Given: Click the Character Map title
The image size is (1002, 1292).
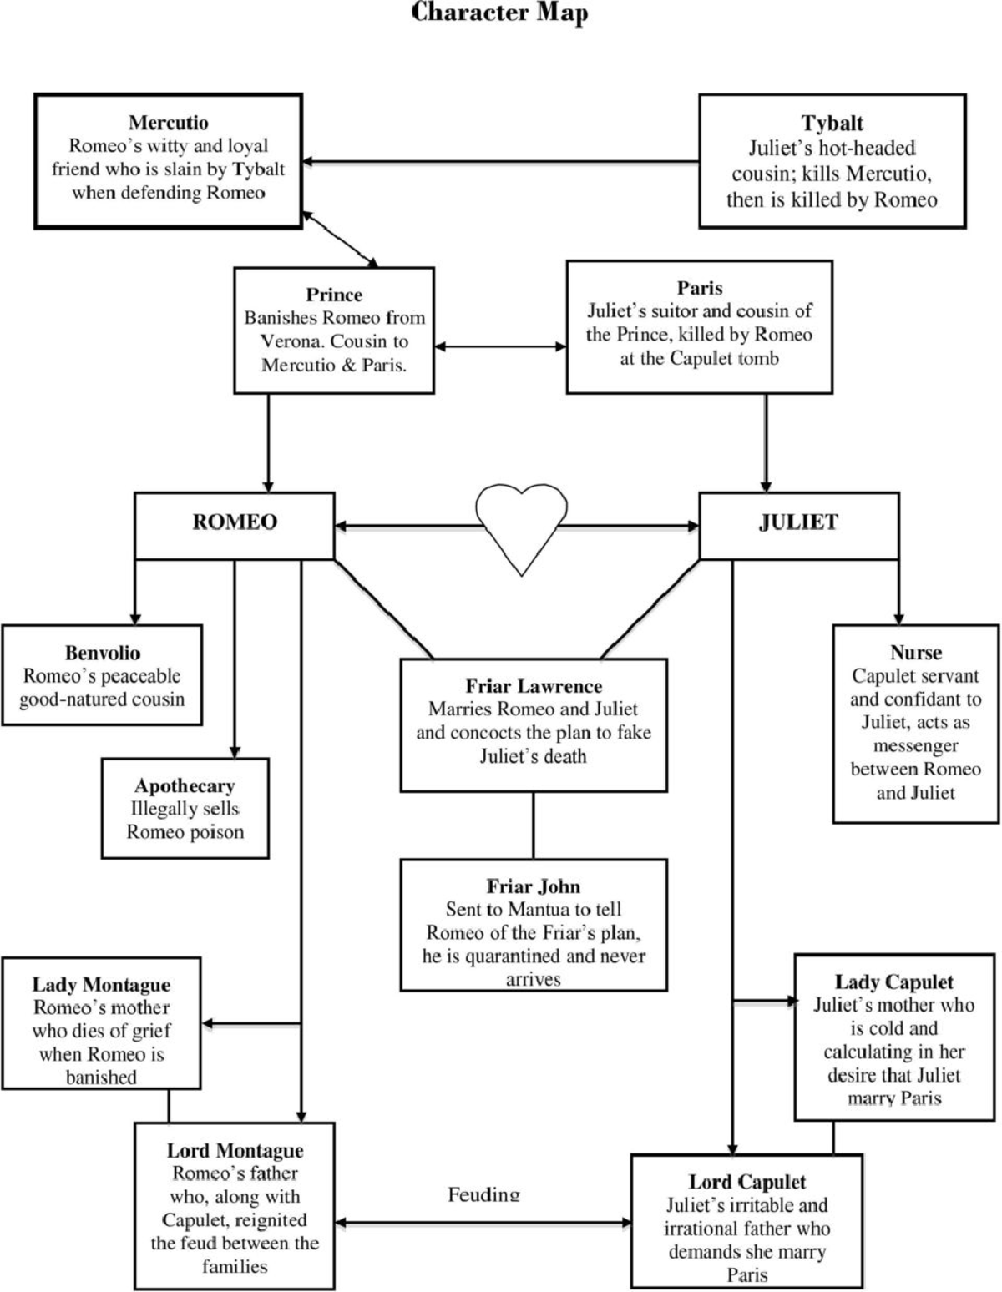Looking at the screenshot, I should tap(499, 13).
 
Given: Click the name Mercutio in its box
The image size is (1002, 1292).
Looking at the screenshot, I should tap(168, 123).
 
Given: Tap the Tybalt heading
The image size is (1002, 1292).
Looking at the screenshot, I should tap(832, 124).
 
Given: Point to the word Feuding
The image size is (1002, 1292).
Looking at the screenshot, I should tap(483, 1194).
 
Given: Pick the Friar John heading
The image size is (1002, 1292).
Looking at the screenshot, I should tap(533, 886).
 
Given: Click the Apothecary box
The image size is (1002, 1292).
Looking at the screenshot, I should tap(185, 808).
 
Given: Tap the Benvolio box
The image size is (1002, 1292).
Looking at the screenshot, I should tap(102, 676).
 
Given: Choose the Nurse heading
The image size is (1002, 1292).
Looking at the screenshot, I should tap(916, 653).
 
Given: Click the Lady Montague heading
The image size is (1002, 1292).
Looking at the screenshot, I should tap(101, 985).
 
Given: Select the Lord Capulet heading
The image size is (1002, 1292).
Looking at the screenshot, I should tap(746, 1182).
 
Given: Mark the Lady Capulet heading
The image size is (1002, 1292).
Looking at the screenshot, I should tap(893, 982).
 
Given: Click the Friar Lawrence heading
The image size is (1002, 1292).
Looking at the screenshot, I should tap(533, 686).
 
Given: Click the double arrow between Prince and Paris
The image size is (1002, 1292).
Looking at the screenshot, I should tap(500, 346).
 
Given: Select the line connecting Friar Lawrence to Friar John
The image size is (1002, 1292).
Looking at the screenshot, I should tap(534, 825).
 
